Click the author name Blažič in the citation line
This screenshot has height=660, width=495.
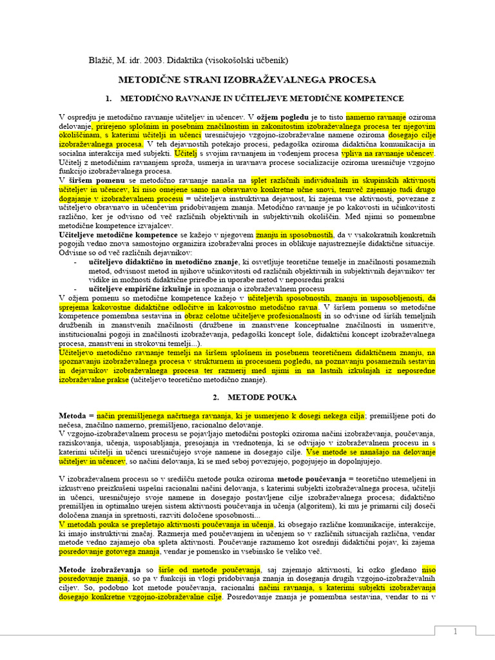102,61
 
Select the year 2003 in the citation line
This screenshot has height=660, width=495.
158,61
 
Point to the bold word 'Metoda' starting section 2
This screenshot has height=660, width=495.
73,416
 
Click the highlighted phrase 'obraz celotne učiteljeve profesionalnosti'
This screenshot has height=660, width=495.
252,316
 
